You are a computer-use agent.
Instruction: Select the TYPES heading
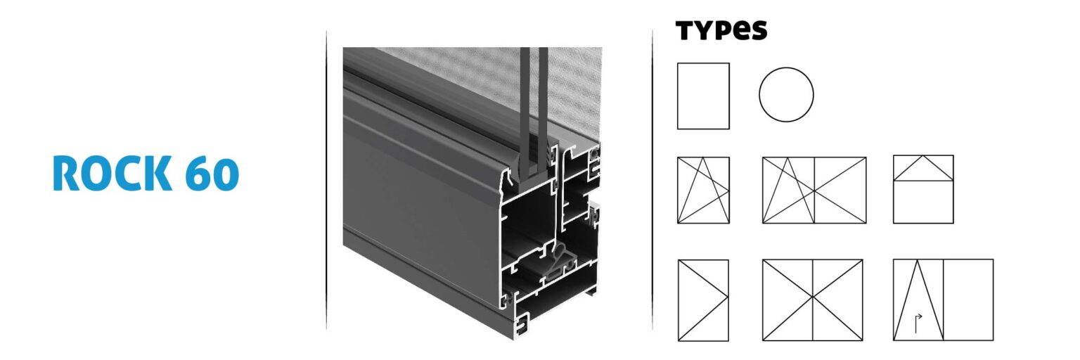point(721,30)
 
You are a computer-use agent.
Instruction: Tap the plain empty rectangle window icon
point(703,96)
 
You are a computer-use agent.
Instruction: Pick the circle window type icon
point(786,94)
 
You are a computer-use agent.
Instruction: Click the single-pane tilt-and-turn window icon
point(703,190)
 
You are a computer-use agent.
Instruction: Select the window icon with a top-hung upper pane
point(923,169)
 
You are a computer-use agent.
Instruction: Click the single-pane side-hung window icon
point(703,300)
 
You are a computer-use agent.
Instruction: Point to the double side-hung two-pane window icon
point(813,300)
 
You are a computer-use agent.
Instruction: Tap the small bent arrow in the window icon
point(918,323)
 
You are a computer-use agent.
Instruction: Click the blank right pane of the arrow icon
point(968,300)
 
